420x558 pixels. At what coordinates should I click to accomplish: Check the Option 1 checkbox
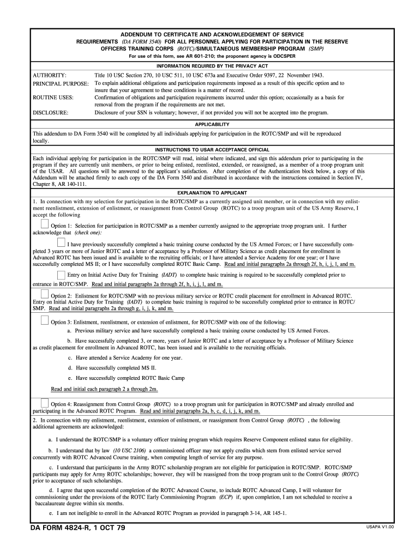[x=45, y=224]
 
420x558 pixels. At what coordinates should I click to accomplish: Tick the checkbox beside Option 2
[x=45, y=294]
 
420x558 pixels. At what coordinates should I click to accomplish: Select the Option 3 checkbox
[x=45, y=320]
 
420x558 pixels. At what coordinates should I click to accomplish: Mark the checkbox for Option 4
[x=45, y=403]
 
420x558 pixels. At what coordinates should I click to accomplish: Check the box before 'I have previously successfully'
[x=61, y=242]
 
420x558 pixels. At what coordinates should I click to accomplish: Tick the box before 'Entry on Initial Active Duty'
[x=61, y=275]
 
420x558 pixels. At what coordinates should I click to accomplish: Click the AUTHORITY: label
[x=50, y=75]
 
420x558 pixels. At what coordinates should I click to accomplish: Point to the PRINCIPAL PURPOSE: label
[x=61, y=83]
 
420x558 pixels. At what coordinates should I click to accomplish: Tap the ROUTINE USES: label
[x=53, y=98]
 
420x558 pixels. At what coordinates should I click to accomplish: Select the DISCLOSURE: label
[x=51, y=112]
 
